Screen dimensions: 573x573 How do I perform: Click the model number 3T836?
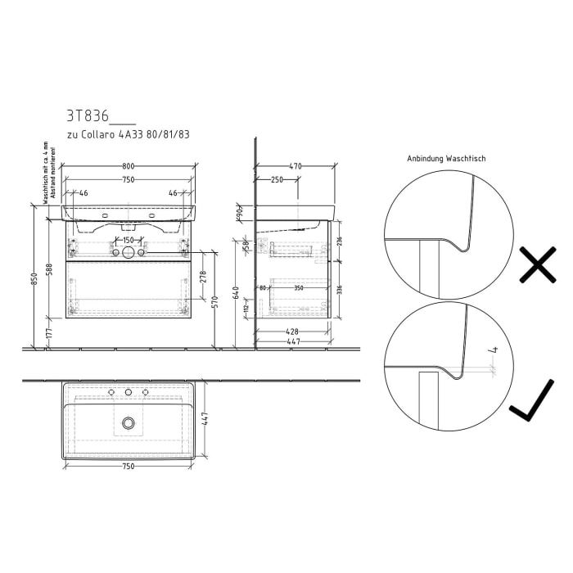(87, 116)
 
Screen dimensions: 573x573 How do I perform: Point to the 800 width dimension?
(129, 166)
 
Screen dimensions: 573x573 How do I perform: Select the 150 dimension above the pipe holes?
(129, 240)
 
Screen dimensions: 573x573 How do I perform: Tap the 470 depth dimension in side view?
(295, 166)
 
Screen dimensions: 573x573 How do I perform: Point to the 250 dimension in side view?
(277, 179)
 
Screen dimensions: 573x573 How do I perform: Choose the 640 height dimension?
(236, 293)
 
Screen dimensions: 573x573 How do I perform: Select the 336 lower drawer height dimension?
(338, 289)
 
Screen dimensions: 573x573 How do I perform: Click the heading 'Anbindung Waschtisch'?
(446, 159)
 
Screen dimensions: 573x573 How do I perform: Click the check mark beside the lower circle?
(532, 407)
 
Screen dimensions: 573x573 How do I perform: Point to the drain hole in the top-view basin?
(129, 422)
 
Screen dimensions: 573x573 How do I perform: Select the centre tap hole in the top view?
(129, 394)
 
